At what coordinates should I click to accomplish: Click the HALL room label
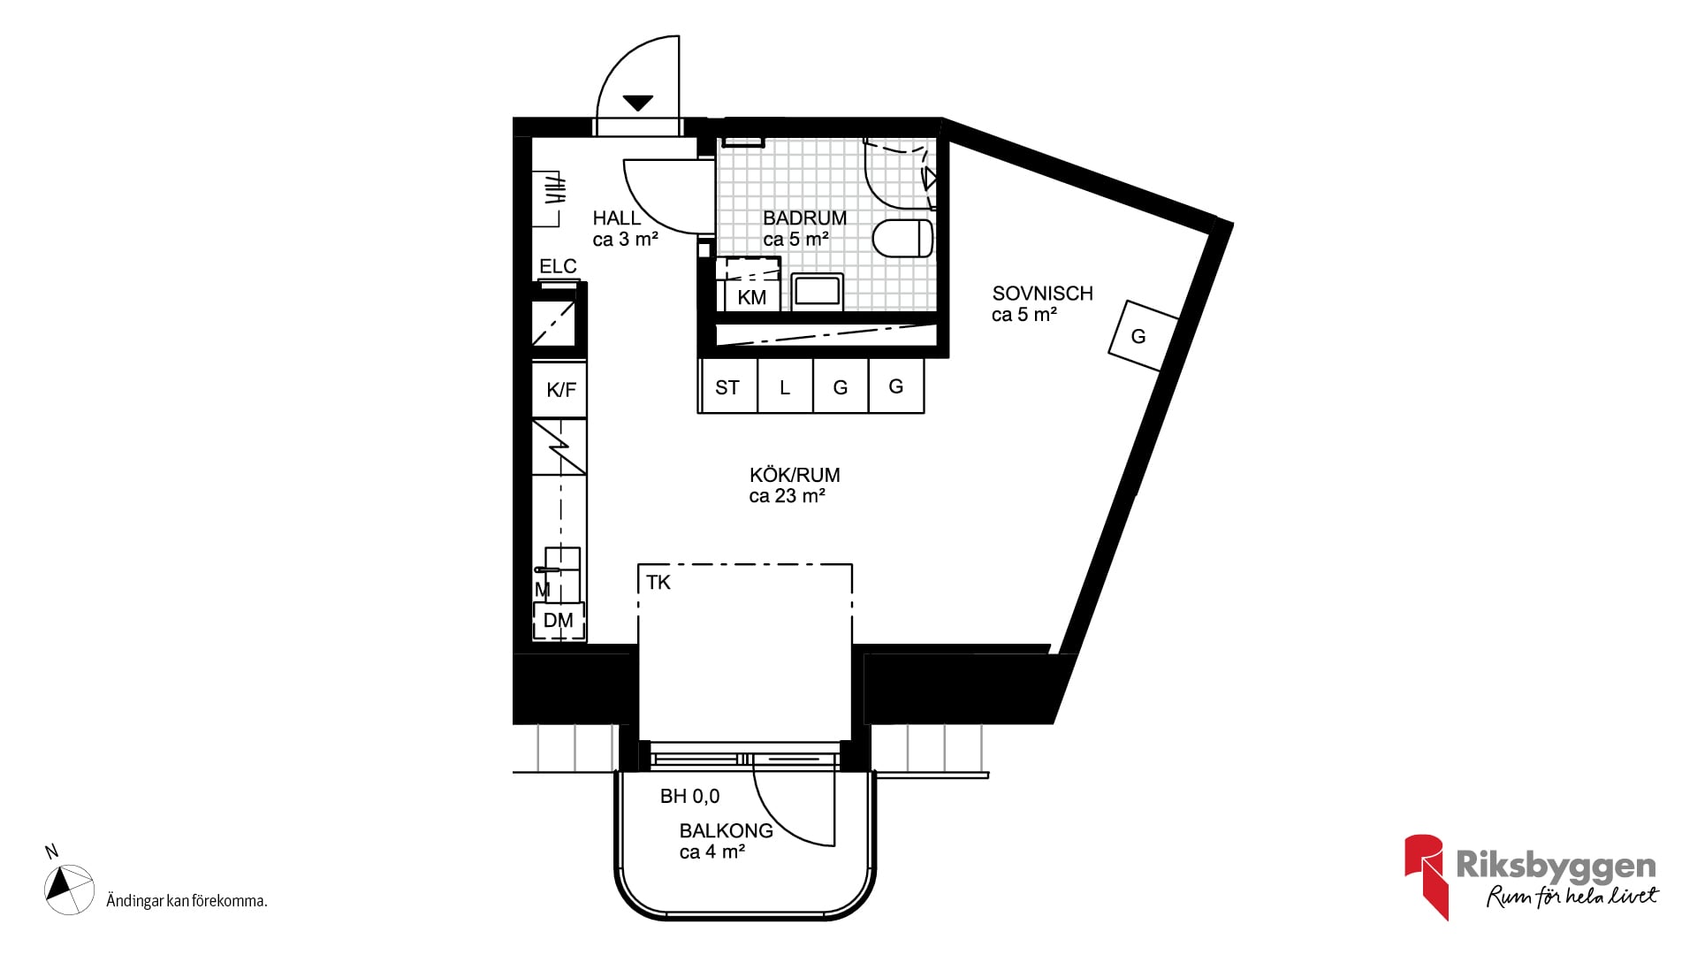click(616, 218)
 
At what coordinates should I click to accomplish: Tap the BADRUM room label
click(804, 218)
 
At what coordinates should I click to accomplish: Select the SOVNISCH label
click(1042, 294)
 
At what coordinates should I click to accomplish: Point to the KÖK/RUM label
click(795, 475)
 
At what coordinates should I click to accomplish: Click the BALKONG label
click(726, 831)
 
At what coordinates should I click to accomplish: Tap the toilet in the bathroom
click(902, 238)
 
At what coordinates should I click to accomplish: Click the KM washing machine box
click(751, 285)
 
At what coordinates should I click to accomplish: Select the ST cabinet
click(727, 386)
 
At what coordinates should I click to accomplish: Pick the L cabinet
click(785, 386)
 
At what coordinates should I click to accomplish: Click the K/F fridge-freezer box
click(559, 389)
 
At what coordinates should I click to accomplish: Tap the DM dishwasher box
click(559, 621)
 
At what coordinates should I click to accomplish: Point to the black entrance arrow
click(638, 103)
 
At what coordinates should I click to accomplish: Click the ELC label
click(558, 266)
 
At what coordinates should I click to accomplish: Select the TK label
click(658, 583)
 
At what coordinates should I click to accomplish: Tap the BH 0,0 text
click(689, 797)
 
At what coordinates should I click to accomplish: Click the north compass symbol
click(69, 889)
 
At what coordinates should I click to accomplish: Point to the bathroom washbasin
click(818, 291)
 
